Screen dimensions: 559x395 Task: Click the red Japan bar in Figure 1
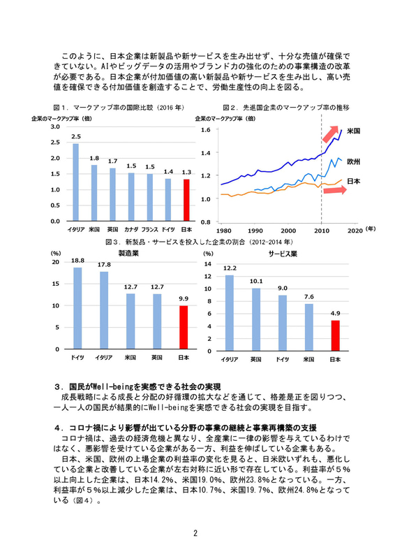pos(186,200)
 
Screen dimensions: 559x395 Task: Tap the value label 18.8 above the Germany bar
pos(77,260)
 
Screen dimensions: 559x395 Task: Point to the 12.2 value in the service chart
pos(230,268)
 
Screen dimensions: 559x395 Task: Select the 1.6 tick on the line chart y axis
pos(206,130)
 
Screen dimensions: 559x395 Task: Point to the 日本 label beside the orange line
pos(353,181)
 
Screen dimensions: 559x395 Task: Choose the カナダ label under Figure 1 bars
pos(131,229)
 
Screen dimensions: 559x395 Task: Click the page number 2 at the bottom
pos(197,534)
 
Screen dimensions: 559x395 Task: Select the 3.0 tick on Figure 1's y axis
pos(55,126)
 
